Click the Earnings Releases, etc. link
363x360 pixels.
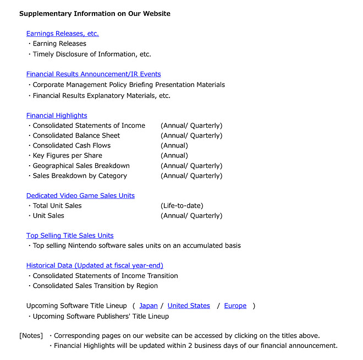62,34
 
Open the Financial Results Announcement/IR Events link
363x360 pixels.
94,74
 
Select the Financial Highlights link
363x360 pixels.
57,116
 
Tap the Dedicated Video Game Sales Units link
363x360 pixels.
80,196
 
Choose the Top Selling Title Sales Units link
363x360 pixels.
70,236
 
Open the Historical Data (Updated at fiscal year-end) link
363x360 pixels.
95,265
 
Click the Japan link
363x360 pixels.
148,306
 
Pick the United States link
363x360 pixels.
189,306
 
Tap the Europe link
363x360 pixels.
235,306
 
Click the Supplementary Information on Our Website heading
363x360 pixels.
95,14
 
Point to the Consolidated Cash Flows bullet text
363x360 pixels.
71,146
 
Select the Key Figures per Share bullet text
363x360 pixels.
68,156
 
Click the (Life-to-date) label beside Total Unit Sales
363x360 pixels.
182,206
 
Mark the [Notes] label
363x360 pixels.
31,336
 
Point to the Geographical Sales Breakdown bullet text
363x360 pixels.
81,166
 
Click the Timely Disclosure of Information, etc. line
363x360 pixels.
91,54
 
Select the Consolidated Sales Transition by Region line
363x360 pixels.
95,286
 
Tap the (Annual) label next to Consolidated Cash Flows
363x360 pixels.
174,146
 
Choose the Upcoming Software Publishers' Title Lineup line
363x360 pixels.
101,317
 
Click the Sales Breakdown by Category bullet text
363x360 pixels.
80,176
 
